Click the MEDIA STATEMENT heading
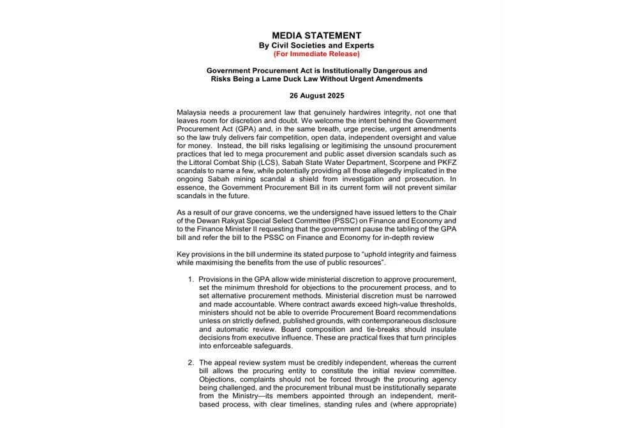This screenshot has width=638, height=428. point(316,36)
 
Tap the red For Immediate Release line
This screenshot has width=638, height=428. point(316,54)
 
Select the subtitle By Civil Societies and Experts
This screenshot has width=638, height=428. point(316,45)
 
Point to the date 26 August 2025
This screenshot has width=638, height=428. point(316,96)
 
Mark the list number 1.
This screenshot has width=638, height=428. point(191,279)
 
